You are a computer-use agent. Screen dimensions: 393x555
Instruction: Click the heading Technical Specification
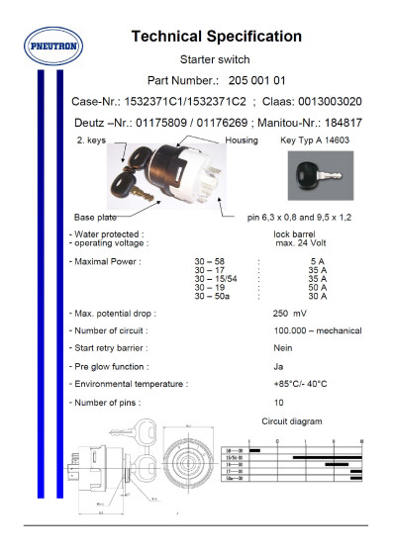[x=216, y=37]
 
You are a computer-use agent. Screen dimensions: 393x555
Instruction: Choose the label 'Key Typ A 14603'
[x=314, y=142]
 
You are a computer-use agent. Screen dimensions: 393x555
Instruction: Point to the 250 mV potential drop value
[x=289, y=313]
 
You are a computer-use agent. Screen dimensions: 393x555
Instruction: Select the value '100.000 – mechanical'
[x=317, y=330]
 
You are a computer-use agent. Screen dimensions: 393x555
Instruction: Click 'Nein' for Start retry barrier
[x=282, y=348]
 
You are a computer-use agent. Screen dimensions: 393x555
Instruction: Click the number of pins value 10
[x=278, y=403]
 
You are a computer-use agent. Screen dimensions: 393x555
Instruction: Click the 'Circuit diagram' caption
[x=291, y=421]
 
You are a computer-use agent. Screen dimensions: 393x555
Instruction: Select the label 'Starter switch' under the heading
[x=216, y=59]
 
